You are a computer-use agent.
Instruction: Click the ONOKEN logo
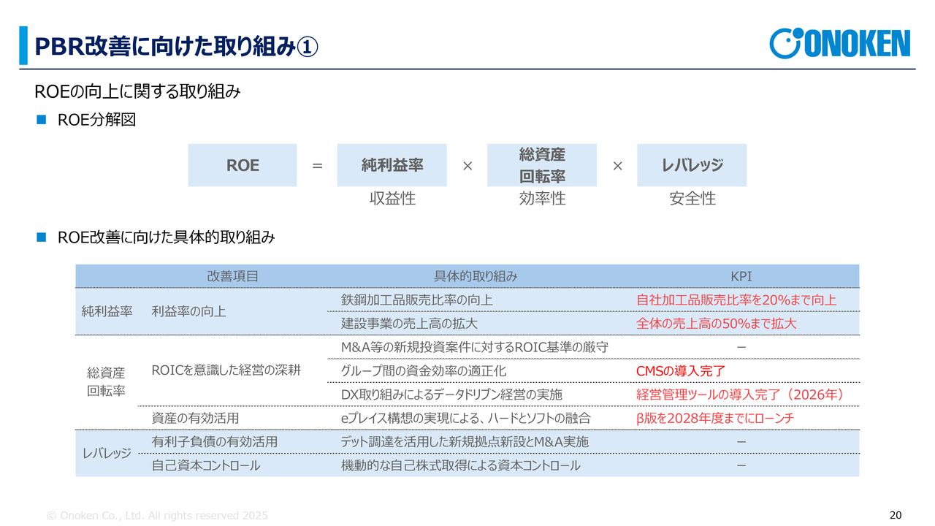[x=839, y=43]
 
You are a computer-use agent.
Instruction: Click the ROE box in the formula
[x=242, y=165]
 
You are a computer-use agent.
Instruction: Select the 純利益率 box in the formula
[x=392, y=165]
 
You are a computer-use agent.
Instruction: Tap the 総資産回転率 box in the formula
[x=542, y=165]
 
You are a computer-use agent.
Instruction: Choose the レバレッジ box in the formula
[x=692, y=165]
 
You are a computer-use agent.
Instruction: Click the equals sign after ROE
[x=317, y=166]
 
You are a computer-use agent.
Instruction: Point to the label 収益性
[x=392, y=198]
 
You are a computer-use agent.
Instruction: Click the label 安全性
[x=692, y=198]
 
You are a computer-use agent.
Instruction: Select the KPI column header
[x=741, y=276]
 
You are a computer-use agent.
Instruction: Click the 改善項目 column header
[x=232, y=276]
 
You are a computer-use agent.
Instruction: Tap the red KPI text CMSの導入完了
[x=681, y=370]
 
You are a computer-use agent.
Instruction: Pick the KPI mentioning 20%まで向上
[x=736, y=300]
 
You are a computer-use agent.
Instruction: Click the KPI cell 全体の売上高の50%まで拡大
[x=717, y=324]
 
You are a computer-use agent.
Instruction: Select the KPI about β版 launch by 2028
[x=715, y=419]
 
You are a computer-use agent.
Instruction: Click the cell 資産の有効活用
[x=195, y=419]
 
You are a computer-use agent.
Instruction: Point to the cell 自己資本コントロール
[x=206, y=465]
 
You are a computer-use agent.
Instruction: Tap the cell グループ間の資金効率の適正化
[x=423, y=370]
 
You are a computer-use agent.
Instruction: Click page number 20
[x=896, y=515]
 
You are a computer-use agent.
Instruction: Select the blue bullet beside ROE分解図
[x=42, y=120]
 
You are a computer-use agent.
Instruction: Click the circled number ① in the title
[x=308, y=47]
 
